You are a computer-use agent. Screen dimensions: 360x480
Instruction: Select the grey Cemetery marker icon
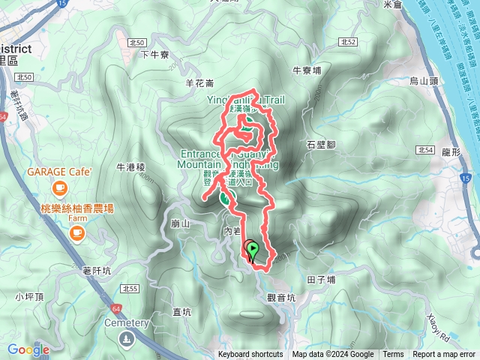coord(123,340)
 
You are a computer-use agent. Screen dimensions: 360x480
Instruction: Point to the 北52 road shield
coord(348,43)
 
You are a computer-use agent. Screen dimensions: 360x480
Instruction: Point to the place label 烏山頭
coord(424,79)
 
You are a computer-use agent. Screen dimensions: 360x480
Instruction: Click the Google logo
coord(28,349)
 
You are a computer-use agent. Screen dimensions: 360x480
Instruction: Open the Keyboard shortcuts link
coord(250,355)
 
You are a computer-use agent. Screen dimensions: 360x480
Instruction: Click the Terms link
coord(393,355)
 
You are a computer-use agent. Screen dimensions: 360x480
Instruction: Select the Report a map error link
coord(445,355)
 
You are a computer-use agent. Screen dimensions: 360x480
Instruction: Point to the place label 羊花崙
coord(199,83)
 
